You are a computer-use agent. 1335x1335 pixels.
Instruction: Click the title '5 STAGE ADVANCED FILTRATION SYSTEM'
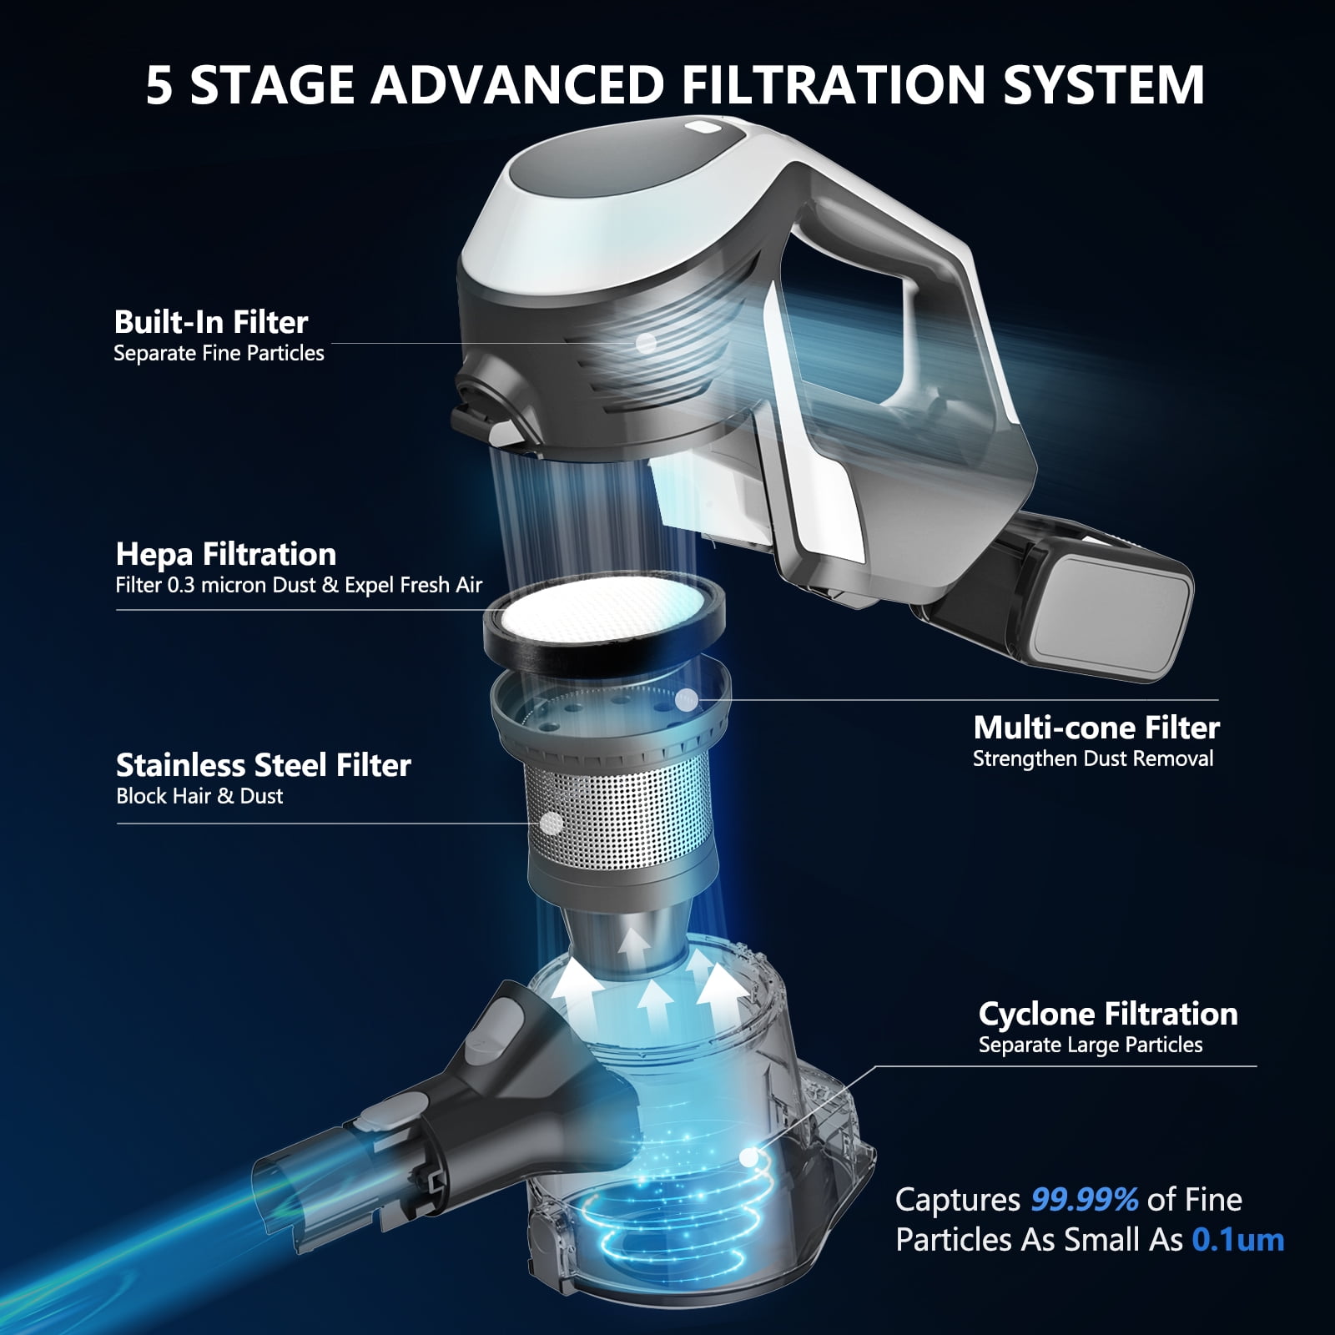(675, 83)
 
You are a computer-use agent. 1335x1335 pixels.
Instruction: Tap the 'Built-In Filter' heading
(211, 322)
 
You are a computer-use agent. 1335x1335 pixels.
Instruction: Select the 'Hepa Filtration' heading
(226, 554)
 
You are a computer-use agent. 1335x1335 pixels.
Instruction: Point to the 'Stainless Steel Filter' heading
(264, 765)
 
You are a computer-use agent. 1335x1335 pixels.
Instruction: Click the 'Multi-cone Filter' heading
(1096, 728)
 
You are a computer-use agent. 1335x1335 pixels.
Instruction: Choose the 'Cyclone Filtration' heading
(1108, 1014)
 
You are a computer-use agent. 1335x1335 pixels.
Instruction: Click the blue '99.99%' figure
(1085, 1200)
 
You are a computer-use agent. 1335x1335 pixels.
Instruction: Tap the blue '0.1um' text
(1238, 1240)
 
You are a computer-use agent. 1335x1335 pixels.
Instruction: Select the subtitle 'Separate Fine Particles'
(219, 354)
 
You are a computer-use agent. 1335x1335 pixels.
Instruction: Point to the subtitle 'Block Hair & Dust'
(199, 796)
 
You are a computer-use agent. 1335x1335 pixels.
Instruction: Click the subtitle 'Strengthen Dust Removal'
(1093, 759)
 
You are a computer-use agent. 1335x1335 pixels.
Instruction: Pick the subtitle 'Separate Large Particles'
(1091, 1045)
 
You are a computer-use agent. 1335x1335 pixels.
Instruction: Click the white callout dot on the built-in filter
(646, 341)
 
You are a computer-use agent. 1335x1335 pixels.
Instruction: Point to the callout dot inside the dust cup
(749, 1156)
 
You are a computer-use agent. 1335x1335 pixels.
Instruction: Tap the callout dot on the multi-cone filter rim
(686, 700)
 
